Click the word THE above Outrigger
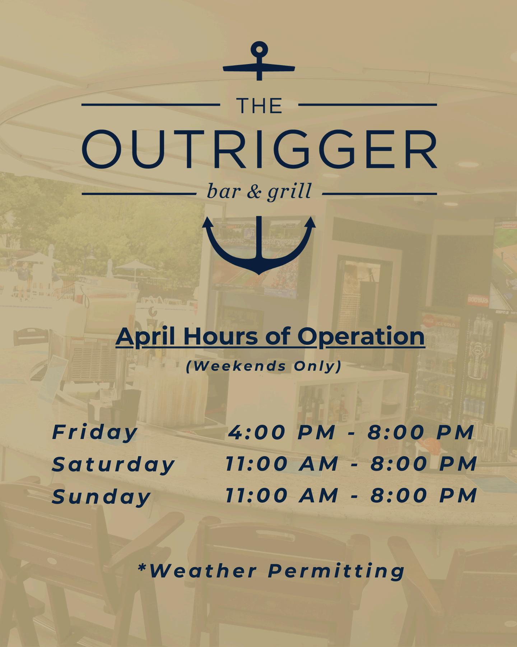[259, 106]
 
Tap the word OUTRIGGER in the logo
[259, 150]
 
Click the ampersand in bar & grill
[254, 191]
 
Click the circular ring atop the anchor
[259, 49]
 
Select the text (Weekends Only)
[264, 366]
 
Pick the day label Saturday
[113, 464]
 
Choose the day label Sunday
[101, 496]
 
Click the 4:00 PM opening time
[282, 432]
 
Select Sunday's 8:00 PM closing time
[424, 496]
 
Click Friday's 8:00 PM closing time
[421, 432]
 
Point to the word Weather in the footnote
[204, 570]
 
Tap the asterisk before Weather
[142, 567]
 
